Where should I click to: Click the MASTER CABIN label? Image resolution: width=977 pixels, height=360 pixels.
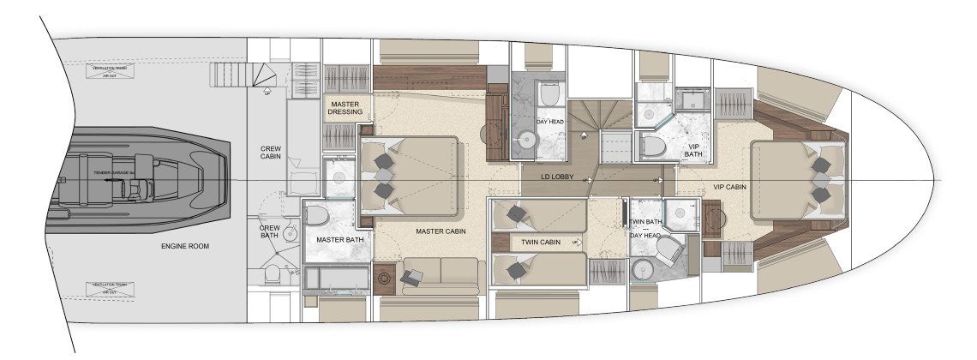coord(441,231)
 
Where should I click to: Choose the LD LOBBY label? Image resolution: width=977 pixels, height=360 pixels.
coord(557,178)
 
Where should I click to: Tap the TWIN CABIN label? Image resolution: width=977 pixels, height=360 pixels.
coord(540,243)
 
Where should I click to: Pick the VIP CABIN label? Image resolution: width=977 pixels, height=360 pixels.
coord(729,187)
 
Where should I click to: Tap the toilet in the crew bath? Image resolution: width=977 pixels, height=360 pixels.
coord(271,273)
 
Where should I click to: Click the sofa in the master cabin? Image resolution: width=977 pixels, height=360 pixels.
coord(439,274)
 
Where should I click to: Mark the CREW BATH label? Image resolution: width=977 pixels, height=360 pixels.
coord(271,232)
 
